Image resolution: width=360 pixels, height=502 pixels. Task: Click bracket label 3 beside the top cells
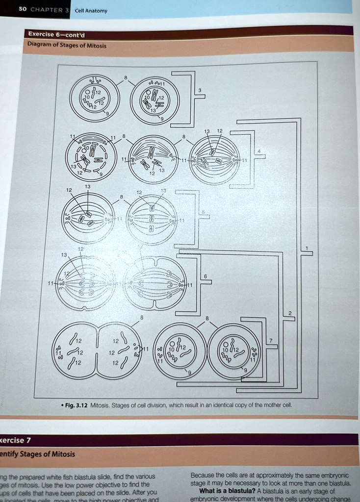click(x=200, y=90)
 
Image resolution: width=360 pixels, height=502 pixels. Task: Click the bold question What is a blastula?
click(x=228, y=491)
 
